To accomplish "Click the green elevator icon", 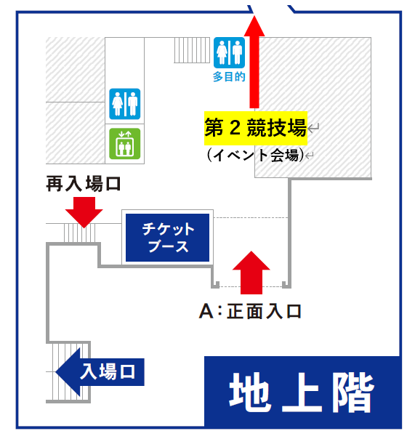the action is point(125,144).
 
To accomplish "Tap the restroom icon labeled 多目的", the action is point(229,53).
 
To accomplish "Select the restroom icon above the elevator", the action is point(125,104).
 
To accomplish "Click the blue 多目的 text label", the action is point(229,77).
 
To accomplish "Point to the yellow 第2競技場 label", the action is point(256,128).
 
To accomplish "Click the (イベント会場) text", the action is point(255,155).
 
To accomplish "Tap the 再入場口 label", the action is point(83,184).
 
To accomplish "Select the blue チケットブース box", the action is point(167,238).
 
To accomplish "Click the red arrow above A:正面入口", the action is point(251,273).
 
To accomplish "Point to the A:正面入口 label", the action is point(250,311).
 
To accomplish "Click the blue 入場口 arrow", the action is point(100,372).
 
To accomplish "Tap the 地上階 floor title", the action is point(302,392).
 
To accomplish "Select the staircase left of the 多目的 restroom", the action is point(192,50).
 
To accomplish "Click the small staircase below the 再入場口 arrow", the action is point(80,233).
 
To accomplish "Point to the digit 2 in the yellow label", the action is point(235,128).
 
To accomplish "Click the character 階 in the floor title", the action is point(353,392).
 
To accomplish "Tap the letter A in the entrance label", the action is point(206,312).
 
